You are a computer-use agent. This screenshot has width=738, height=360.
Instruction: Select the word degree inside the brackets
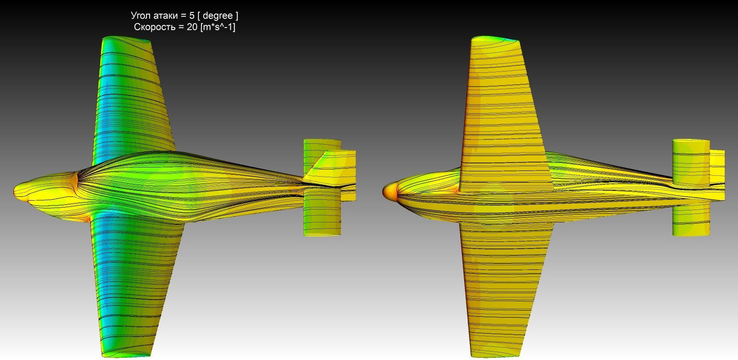click(217, 16)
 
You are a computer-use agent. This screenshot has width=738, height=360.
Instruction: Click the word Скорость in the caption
click(154, 27)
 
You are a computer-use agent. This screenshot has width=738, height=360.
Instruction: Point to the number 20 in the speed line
click(192, 27)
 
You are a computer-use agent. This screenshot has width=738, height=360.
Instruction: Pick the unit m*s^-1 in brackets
click(218, 27)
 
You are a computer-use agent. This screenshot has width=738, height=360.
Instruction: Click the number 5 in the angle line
click(192, 16)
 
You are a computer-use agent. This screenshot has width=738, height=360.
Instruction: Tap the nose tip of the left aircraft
click(14, 191)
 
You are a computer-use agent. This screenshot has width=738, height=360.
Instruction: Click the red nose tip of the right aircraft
click(384, 192)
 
